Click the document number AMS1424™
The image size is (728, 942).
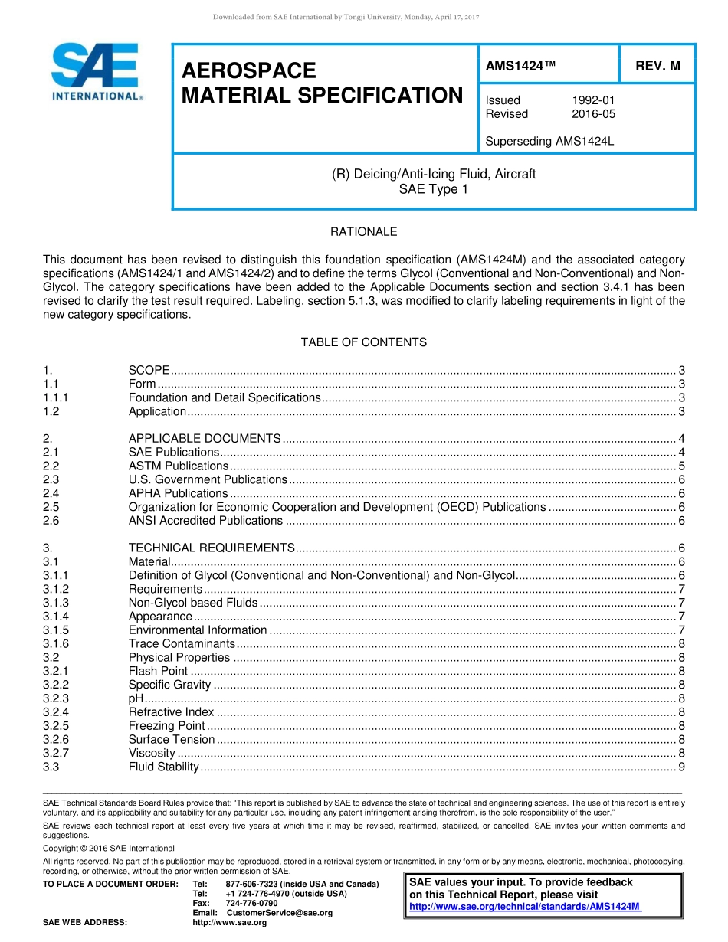(x=520, y=66)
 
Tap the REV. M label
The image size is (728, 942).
(x=657, y=66)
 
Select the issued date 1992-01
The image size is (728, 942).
(x=593, y=100)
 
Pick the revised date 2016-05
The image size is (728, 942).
(x=593, y=114)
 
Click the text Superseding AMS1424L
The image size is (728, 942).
(x=539, y=141)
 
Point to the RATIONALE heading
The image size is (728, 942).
(x=363, y=231)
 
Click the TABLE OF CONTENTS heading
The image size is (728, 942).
(x=363, y=342)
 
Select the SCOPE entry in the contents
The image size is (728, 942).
(x=149, y=371)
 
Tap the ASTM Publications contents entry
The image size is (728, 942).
(x=178, y=466)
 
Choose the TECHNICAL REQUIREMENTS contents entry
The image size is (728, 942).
(x=212, y=548)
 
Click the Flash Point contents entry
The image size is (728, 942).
(x=158, y=671)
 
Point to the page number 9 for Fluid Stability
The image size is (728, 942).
(x=681, y=767)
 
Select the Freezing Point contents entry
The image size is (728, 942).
(x=166, y=725)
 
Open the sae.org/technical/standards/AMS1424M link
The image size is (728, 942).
(x=525, y=906)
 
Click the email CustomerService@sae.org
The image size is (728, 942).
(x=280, y=913)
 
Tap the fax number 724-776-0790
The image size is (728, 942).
(x=251, y=903)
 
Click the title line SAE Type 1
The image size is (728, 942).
(x=433, y=188)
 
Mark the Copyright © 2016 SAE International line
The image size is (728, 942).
(x=109, y=848)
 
